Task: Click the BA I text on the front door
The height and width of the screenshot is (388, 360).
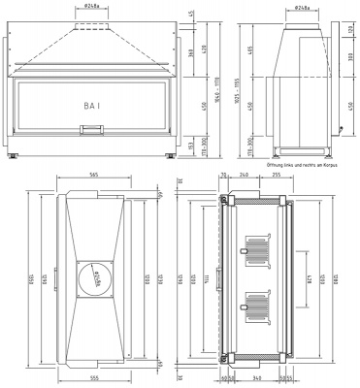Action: click(93, 100)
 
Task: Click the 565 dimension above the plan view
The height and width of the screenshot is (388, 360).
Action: click(93, 177)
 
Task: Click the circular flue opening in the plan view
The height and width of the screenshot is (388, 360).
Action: click(94, 281)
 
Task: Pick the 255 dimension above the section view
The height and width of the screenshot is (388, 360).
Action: click(277, 177)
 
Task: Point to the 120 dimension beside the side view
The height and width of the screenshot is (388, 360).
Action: click(349, 30)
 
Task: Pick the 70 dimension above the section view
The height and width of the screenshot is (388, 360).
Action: click(223, 177)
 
